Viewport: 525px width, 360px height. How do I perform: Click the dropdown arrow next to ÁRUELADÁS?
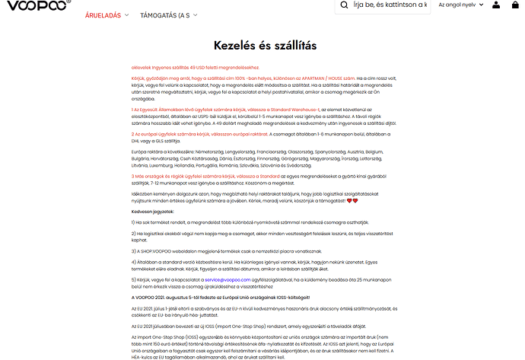coord(127,15)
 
